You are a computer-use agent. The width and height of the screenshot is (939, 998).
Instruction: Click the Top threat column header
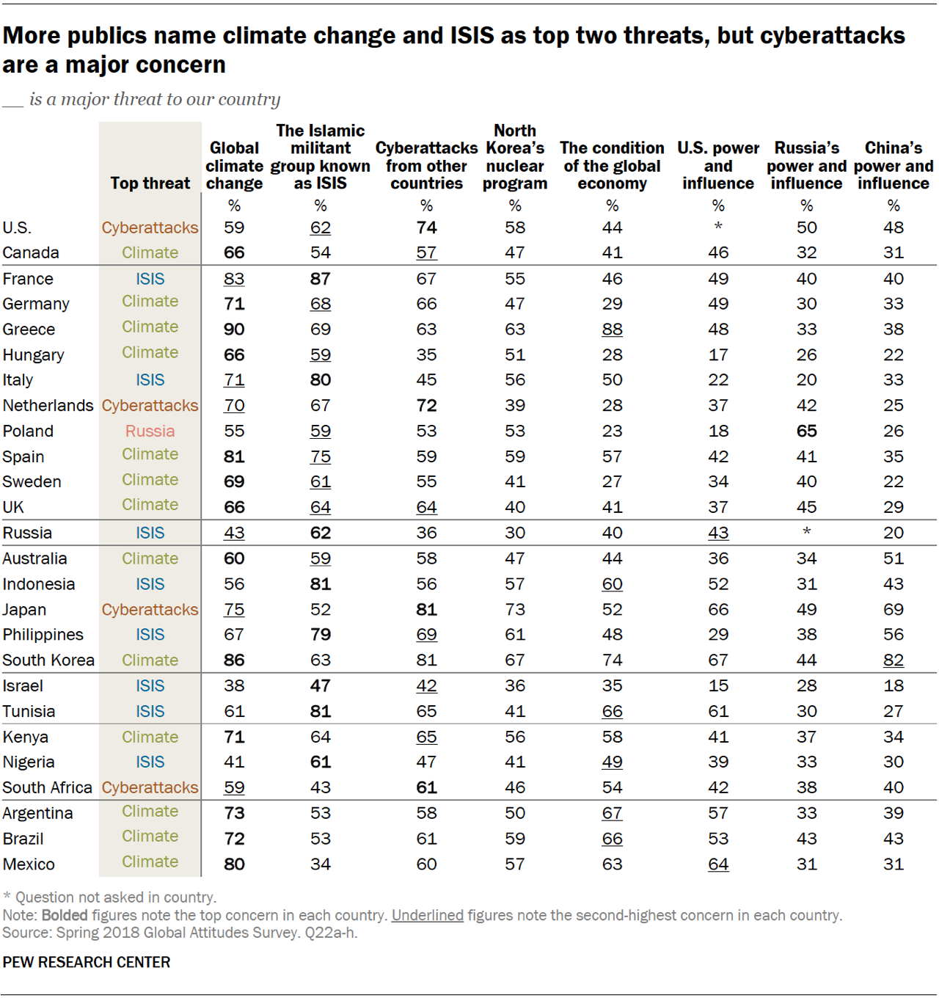point(150,183)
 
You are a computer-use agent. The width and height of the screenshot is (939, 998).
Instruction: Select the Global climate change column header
point(234,166)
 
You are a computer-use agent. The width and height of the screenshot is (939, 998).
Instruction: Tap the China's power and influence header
point(893,166)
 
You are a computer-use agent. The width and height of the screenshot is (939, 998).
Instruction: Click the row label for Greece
point(29,329)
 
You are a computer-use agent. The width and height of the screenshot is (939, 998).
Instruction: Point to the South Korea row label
point(48,660)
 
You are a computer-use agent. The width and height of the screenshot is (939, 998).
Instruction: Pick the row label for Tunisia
point(29,712)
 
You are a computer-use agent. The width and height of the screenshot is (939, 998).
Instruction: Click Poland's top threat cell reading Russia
point(150,431)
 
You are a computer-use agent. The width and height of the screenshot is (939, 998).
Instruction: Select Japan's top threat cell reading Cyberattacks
point(150,610)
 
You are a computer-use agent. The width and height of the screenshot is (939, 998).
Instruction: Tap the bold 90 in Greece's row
point(234,329)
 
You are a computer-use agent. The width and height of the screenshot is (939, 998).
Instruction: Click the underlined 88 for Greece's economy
point(612,329)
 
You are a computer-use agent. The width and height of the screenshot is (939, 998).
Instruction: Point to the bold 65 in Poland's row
point(806,431)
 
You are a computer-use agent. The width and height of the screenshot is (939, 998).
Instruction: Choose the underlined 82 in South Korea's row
point(893,660)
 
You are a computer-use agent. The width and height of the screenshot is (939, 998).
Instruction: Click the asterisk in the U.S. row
point(717,227)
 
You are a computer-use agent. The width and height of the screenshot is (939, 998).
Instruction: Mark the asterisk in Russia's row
point(806,532)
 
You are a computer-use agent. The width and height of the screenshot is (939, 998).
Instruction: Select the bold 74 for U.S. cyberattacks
point(426,228)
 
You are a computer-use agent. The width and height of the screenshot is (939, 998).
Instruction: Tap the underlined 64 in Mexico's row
point(717,864)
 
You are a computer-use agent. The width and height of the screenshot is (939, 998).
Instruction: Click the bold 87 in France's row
point(320,279)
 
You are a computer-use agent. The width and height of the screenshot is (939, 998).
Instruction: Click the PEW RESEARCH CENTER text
point(87,962)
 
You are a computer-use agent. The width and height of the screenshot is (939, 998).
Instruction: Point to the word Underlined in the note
point(427,915)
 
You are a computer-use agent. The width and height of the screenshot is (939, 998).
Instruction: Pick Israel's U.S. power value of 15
point(717,686)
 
